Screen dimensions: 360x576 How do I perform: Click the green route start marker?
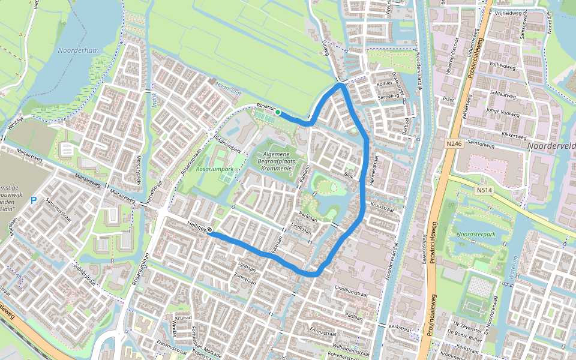[277, 112]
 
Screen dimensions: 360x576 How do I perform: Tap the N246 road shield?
[454, 144]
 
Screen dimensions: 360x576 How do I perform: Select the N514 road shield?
[484, 191]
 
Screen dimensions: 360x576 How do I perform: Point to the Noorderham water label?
[79, 51]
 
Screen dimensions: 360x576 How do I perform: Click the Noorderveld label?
[551, 146]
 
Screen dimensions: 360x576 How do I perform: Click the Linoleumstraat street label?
[350, 290]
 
